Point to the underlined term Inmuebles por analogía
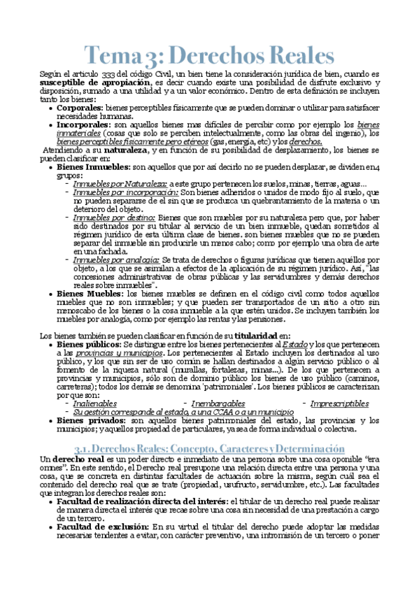click(x=116, y=259)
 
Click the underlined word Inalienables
click(x=94, y=403)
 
